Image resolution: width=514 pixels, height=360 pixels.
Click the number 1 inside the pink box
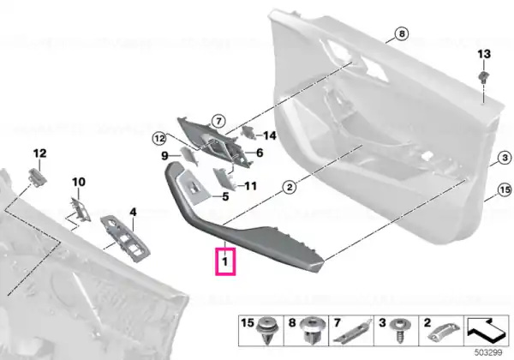[x=224, y=261]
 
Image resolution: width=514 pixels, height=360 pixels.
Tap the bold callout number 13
[x=484, y=54]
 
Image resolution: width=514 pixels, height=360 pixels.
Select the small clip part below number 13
[x=483, y=77]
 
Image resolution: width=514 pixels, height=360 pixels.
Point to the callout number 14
[x=270, y=135]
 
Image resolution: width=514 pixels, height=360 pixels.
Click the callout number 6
[x=260, y=153]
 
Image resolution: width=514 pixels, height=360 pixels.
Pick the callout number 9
[x=164, y=156]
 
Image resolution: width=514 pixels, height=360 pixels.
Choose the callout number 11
[x=251, y=186]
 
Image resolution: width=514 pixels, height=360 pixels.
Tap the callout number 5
[x=225, y=197]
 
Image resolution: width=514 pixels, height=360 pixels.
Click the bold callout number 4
[x=133, y=212]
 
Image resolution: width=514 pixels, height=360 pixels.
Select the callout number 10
[x=79, y=182]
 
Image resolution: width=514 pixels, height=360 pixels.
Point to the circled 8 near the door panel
[x=402, y=33]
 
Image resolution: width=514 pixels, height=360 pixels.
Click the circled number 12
[x=159, y=139]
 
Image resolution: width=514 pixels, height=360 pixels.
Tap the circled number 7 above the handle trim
[x=218, y=122]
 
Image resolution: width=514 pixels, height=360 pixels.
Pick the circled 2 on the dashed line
[x=290, y=188]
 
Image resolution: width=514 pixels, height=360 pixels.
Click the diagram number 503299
[x=488, y=352]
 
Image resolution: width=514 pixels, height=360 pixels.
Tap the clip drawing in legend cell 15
[x=266, y=330]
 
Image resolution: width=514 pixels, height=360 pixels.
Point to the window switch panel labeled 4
[x=125, y=238]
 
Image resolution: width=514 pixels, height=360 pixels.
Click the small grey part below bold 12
[x=38, y=176]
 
